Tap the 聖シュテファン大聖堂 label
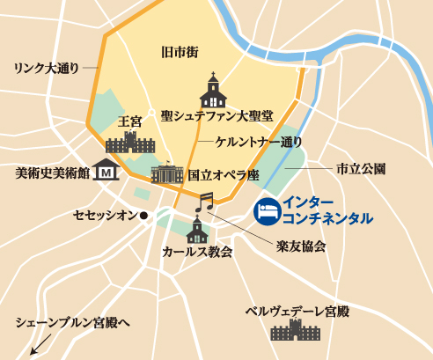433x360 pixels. (217, 114)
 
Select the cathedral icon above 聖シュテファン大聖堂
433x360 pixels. (213, 90)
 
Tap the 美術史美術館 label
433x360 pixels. (54, 173)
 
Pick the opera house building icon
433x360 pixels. (167, 172)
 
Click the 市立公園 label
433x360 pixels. (361, 168)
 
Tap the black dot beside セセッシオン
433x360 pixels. (142, 215)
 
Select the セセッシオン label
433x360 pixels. (105, 215)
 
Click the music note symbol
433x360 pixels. (205, 202)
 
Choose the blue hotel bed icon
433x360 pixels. (267, 211)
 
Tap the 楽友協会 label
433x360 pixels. (299, 246)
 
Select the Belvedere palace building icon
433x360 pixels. (295, 331)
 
